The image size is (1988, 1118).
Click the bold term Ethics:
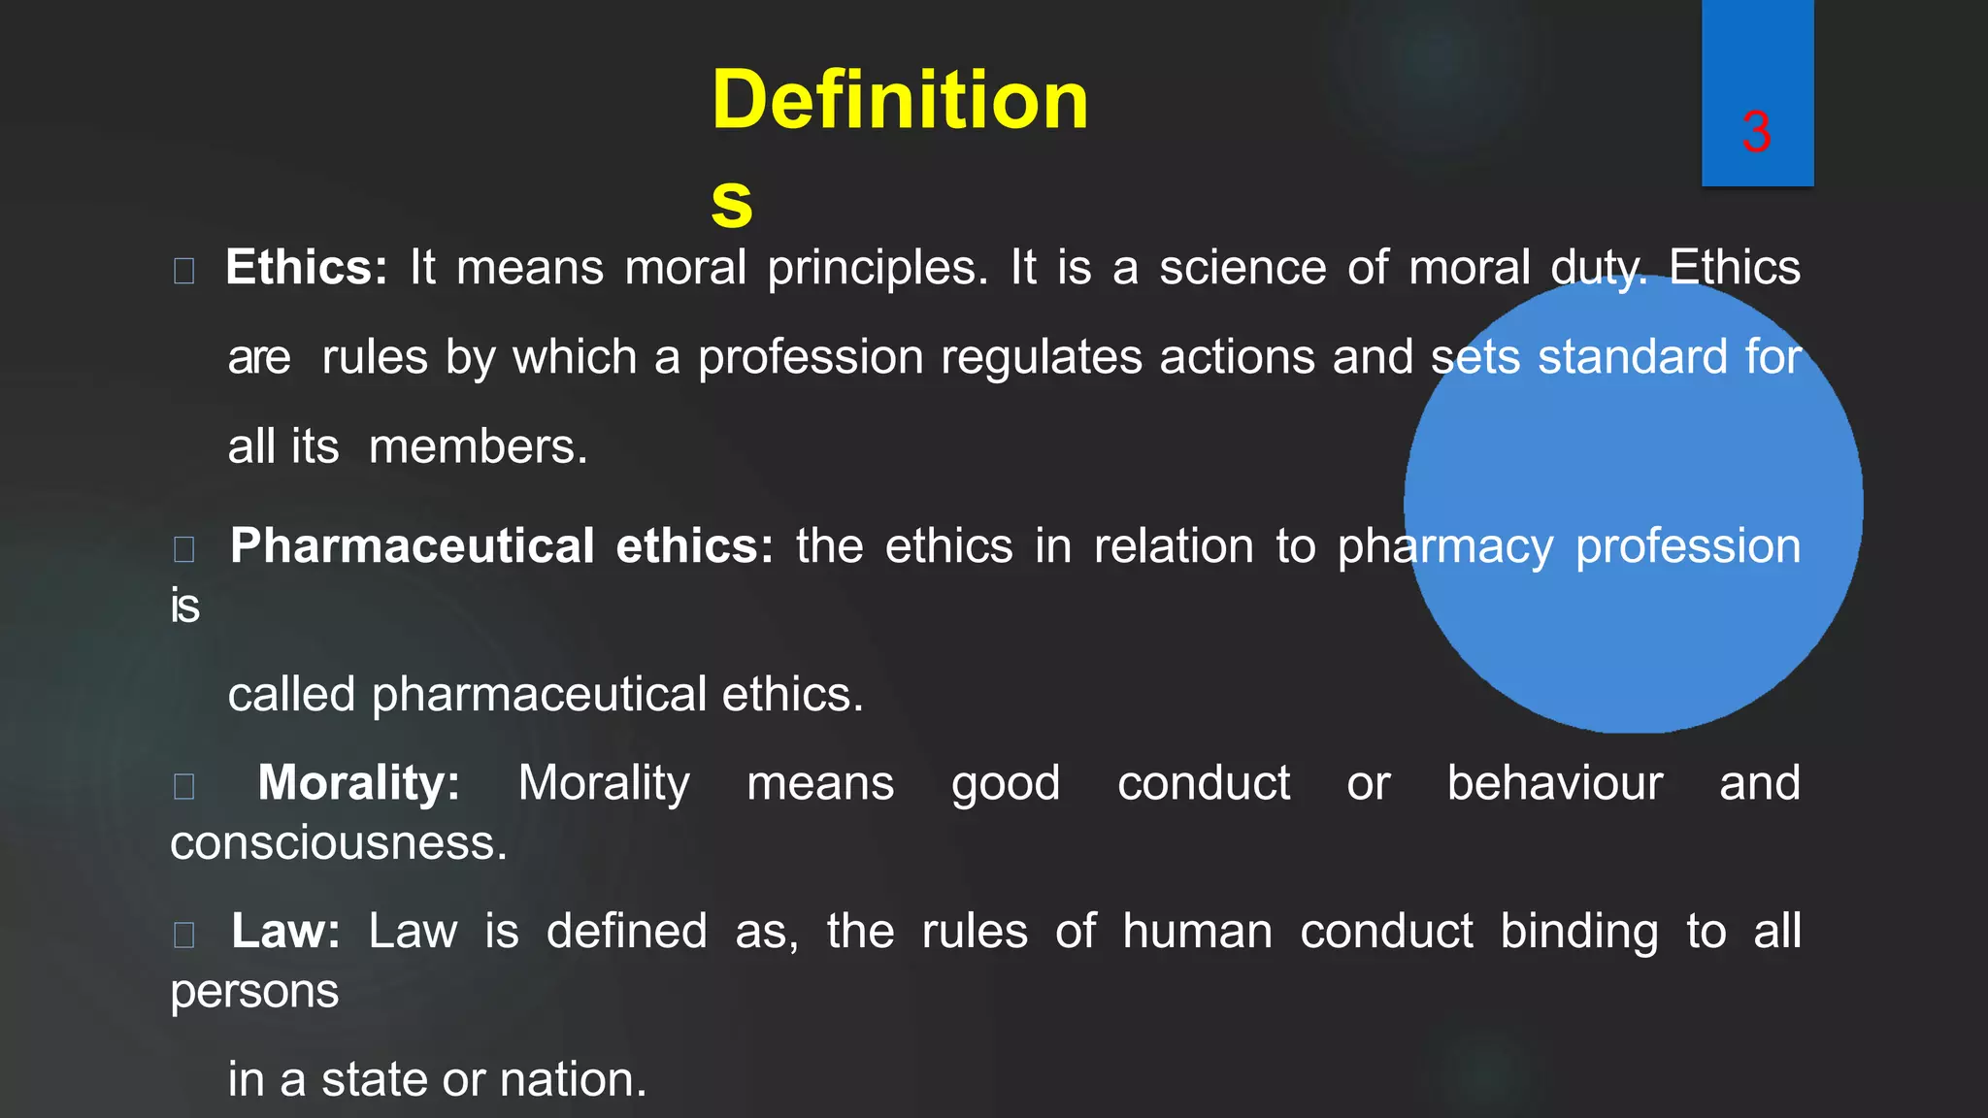[306, 267]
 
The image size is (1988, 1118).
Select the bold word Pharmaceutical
[412, 545]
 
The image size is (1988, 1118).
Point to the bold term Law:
[285, 931]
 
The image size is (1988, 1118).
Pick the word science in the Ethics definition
[1242, 267]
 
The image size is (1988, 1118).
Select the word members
[478, 447]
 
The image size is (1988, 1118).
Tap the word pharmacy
[1444, 547]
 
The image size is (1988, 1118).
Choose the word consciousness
[338, 842]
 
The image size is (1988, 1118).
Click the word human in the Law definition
[1197, 931]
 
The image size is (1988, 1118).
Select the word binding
[1579, 933]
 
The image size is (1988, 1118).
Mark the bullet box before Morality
[183, 785]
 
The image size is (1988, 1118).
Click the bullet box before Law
[183, 934]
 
